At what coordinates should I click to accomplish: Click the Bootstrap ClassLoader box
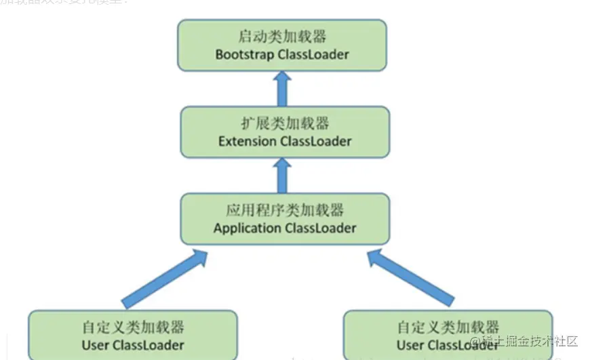click(281, 45)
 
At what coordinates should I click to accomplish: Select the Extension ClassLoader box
click(285, 132)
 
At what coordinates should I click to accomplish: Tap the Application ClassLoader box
click(285, 218)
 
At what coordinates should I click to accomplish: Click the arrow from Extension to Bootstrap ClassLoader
click(283, 88)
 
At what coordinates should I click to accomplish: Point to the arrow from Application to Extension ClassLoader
click(283, 175)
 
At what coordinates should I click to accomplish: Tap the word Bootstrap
click(245, 54)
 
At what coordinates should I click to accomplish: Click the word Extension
click(248, 142)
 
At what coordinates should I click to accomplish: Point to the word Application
click(247, 228)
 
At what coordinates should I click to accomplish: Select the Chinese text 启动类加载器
click(281, 36)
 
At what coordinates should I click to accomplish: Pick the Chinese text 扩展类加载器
click(285, 123)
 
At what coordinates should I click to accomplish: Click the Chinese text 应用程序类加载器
click(285, 209)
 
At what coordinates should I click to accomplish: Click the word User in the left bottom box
click(96, 345)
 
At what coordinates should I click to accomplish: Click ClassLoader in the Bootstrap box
click(313, 54)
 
